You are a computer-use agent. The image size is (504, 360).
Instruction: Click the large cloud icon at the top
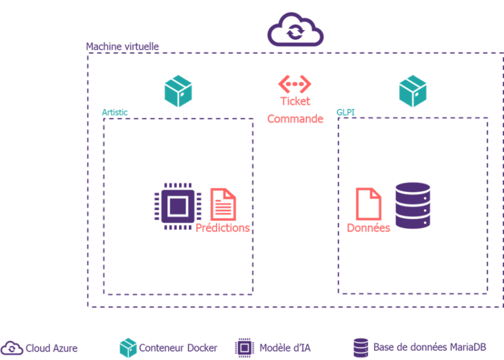tap(295, 30)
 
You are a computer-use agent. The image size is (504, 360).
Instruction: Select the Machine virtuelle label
tap(122, 47)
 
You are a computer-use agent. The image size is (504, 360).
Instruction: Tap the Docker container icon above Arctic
tap(178, 91)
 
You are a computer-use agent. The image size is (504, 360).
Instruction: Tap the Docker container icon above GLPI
tap(412, 91)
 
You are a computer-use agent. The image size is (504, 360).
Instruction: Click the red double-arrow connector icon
tap(295, 84)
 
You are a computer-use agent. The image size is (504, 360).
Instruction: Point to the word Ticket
tap(295, 101)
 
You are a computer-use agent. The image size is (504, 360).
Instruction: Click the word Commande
tap(295, 119)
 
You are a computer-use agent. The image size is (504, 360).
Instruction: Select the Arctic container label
tap(115, 112)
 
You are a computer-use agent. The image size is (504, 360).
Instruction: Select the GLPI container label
tap(345, 112)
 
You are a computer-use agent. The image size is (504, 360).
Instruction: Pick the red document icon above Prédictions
tap(223, 204)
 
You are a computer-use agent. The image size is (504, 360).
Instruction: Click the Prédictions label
tap(222, 228)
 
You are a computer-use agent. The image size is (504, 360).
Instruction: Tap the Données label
tap(368, 228)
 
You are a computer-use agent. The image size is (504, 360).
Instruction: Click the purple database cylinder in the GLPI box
tap(412, 205)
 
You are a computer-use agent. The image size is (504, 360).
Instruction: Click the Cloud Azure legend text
tap(51, 348)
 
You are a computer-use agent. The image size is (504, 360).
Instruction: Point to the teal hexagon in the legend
tap(128, 348)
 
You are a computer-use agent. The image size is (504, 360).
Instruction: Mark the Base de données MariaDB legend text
tap(429, 347)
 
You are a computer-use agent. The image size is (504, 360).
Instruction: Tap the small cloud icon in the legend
tap(11, 348)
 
